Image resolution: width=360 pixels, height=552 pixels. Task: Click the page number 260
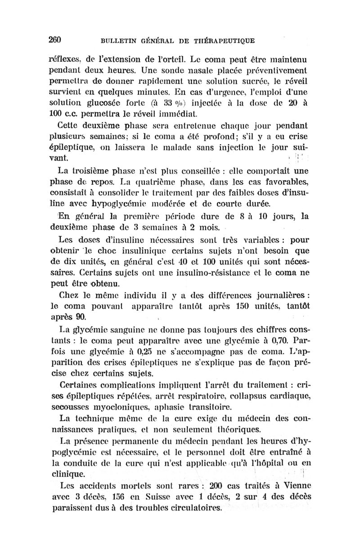(x=54, y=39)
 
